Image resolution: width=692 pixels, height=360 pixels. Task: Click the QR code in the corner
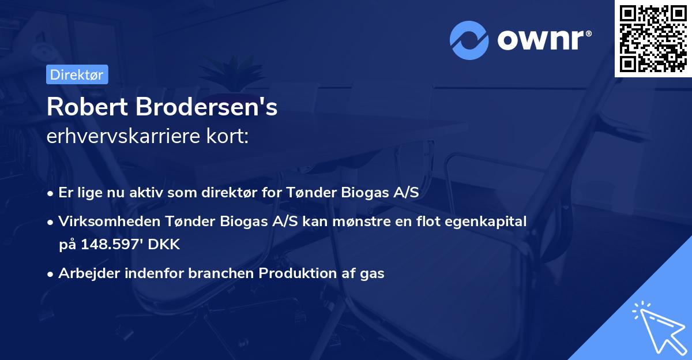point(653,38)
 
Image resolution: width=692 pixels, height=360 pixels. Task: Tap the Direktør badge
point(77,74)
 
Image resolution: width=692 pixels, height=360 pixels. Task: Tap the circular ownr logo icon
point(469,40)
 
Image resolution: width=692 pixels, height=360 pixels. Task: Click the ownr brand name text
point(542,40)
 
